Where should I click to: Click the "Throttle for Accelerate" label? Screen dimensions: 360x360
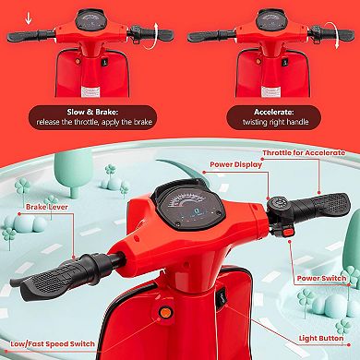308,153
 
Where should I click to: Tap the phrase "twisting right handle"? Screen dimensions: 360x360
270,121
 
